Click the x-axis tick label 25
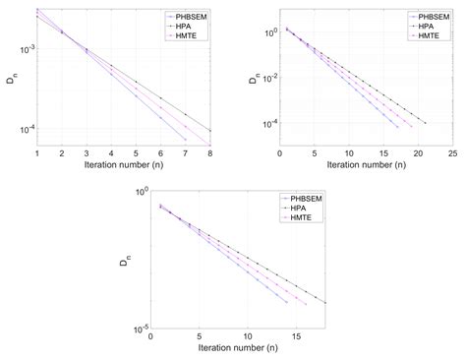451,153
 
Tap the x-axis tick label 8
209,153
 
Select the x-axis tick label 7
185,153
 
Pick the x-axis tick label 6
160,153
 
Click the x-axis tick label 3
86,153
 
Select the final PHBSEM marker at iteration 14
287,302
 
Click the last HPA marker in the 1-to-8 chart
209,130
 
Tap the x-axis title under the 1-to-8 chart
123,165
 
